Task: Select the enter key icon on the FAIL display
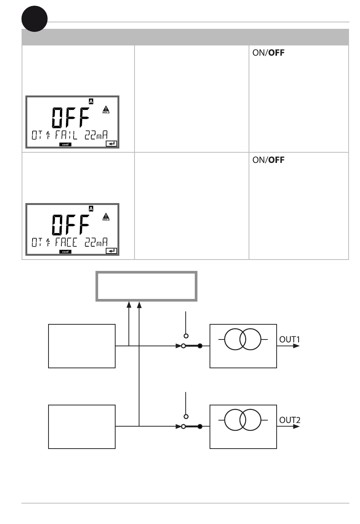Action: click(x=111, y=144)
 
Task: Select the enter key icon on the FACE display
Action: click(x=111, y=251)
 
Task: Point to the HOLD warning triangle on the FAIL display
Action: click(x=106, y=110)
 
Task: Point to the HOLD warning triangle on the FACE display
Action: click(x=106, y=217)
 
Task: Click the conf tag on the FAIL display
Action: click(x=65, y=144)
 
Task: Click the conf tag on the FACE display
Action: click(x=65, y=252)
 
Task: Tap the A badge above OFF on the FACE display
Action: click(x=91, y=208)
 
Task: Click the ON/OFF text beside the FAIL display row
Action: click(x=268, y=53)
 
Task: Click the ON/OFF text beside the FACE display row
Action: click(x=268, y=160)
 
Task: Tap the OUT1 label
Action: click(x=290, y=339)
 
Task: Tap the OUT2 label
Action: click(x=290, y=420)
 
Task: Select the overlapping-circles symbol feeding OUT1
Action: click(x=243, y=339)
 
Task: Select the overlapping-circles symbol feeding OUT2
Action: click(x=243, y=420)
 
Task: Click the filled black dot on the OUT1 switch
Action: click(x=200, y=346)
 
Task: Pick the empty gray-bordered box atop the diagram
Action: click(x=146, y=286)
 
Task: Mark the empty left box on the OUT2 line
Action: click(x=82, y=427)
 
